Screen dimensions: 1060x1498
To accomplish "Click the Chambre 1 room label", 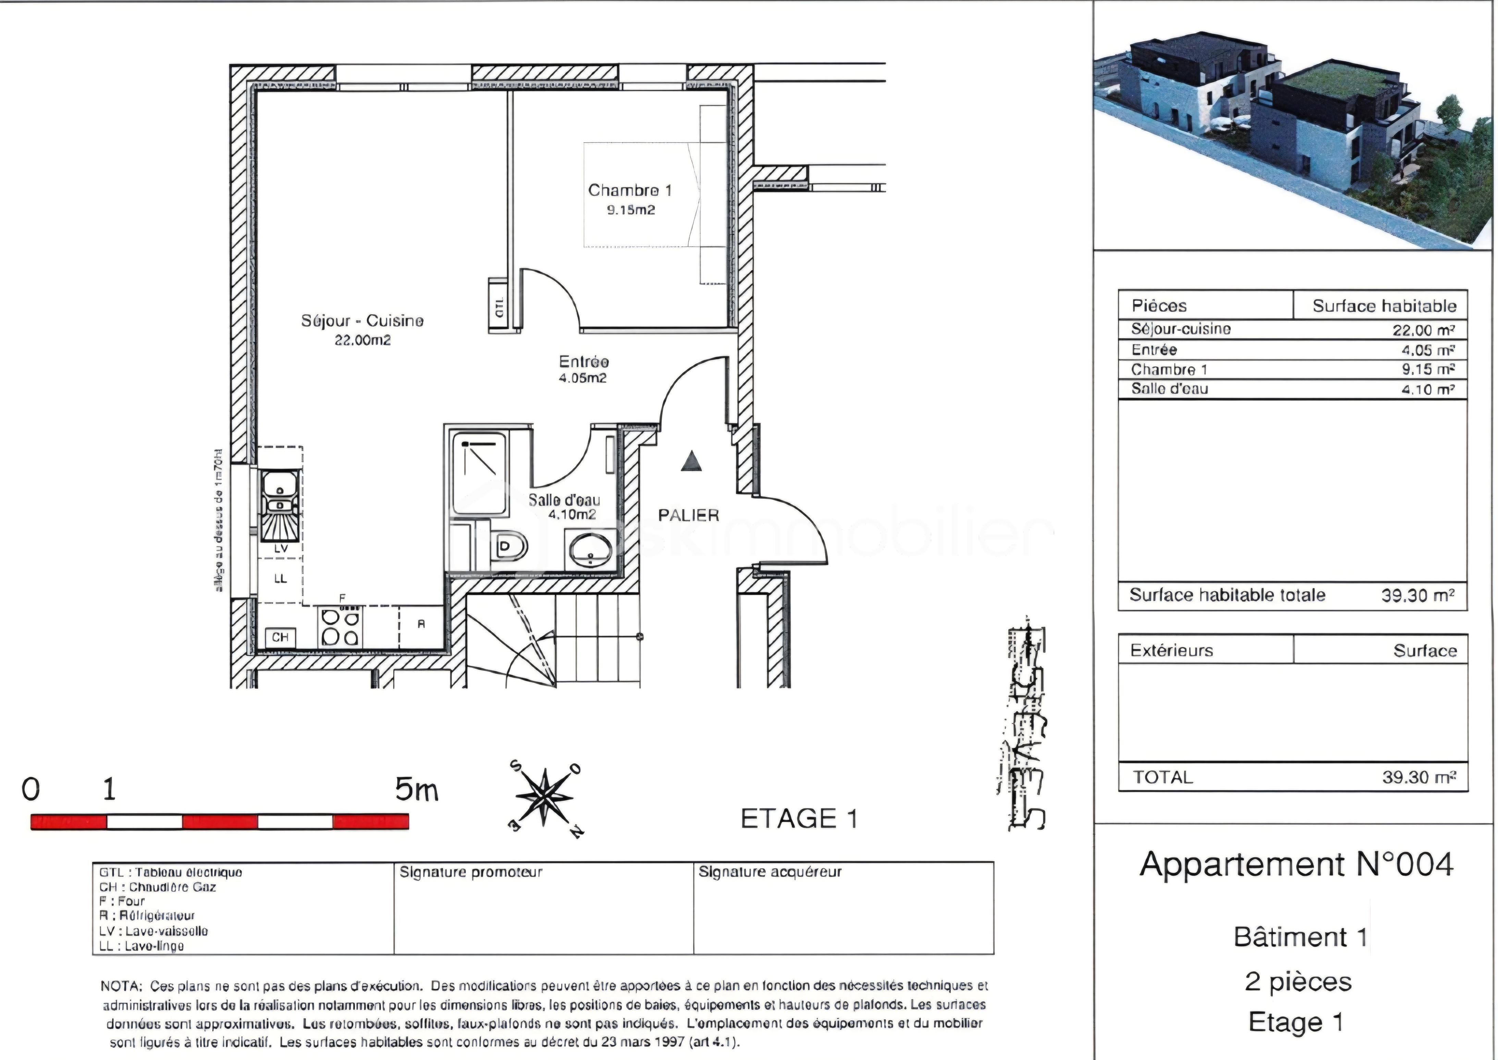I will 629,191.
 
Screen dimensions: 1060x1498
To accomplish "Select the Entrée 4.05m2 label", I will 583,369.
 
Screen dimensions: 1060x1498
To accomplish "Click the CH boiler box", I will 280,637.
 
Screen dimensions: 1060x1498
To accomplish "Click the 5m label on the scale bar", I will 416,791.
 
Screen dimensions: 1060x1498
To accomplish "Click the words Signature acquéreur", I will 770,872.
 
